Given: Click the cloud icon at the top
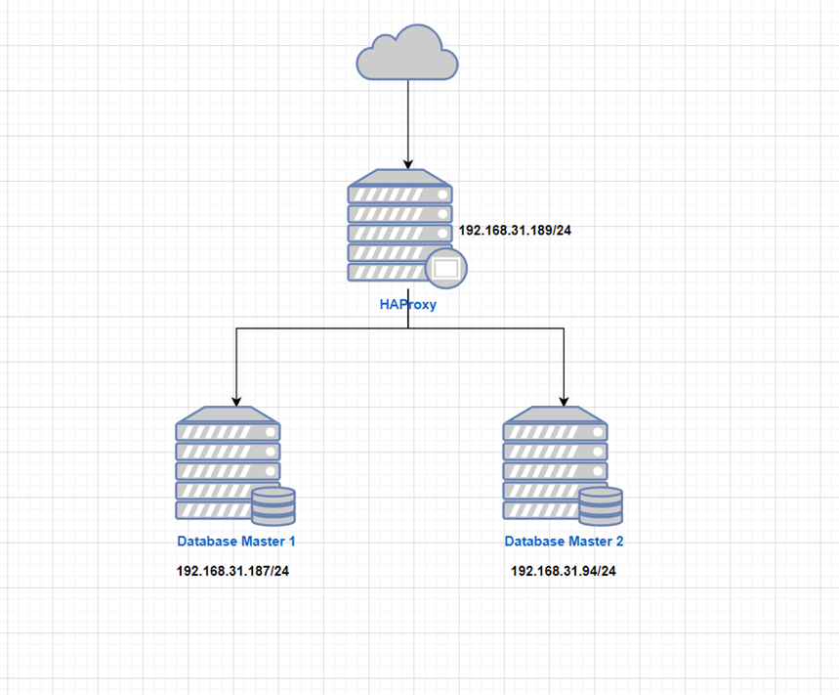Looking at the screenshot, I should click(407, 57).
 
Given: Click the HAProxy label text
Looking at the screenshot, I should click(407, 304).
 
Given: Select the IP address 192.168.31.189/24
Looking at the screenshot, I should click(515, 232).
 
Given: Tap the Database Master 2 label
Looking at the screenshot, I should click(564, 541).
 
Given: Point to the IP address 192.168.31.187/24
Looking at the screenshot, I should click(232, 571).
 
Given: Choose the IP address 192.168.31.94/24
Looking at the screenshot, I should click(564, 571).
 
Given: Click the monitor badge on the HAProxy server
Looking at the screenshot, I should click(444, 268).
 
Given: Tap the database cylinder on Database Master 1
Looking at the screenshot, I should click(273, 505).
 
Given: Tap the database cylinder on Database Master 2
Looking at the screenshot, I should click(601, 505).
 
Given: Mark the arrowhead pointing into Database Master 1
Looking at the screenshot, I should click(235, 400).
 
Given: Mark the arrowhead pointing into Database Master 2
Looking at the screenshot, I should click(564, 400).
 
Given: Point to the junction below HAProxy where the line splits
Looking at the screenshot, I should click(407, 328).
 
